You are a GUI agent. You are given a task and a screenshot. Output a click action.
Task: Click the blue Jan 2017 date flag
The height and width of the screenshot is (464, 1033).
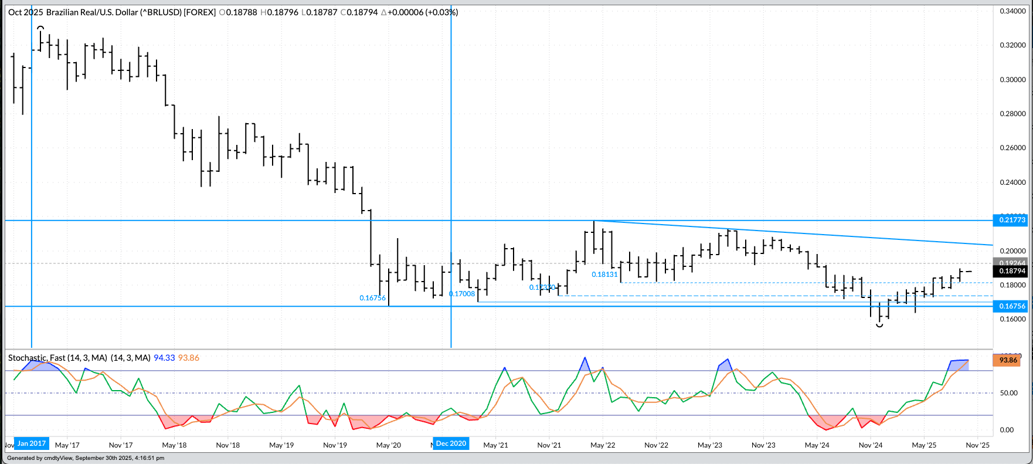pos(32,443)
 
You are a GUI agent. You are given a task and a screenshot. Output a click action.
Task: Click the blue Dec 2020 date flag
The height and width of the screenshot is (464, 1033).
pos(451,443)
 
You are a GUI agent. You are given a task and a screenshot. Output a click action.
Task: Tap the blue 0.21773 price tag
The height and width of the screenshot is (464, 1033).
pos(1012,220)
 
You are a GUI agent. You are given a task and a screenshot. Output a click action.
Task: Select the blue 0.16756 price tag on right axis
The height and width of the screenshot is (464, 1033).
pos(1012,306)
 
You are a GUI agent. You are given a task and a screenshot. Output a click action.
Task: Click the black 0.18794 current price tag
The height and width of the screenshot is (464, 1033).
pos(1012,271)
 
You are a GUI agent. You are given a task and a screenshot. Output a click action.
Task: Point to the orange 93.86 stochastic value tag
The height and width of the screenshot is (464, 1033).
pos(1008,360)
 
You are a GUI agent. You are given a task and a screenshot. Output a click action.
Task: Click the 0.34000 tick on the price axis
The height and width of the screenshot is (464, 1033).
pos(1012,11)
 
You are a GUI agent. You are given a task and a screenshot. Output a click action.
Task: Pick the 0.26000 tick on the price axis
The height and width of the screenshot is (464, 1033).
pos(1012,148)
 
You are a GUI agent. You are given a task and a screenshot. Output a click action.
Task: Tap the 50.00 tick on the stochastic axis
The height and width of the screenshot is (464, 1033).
pos(1008,393)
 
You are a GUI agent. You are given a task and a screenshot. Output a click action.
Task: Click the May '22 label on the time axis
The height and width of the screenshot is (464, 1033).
pos(603,445)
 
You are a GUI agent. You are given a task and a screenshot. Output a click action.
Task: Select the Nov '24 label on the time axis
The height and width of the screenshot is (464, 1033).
pos(871,445)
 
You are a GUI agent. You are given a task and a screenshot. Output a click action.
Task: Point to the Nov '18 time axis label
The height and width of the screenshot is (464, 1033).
pos(227,445)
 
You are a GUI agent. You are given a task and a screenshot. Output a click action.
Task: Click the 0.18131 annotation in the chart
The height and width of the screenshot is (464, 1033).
pos(604,275)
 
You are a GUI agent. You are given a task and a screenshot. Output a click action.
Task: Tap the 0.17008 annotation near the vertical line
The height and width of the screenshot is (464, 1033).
pos(462,294)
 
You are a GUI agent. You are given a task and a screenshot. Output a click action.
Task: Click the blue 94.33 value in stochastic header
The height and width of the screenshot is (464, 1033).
pos(164,358)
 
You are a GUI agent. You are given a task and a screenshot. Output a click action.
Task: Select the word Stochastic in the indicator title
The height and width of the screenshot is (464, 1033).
pos(27,358)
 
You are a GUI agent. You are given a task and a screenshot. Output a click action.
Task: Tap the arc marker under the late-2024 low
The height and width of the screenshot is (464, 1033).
pos(879,325)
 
